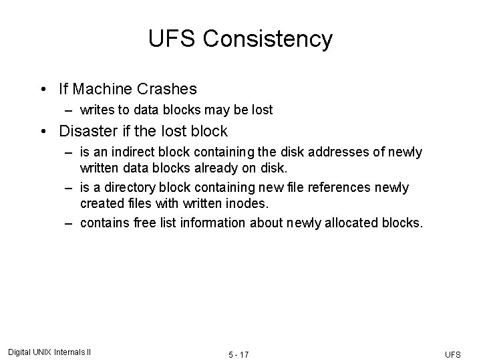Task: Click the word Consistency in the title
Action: pyautogui.click(x=268, y=39)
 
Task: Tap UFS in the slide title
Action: pyautogui.click(x=172, y=39)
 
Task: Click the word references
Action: pyautogui.click(x=331, y=188)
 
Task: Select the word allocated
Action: pyautogui.click(x=347, y=223)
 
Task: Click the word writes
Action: pyautogui.click(x=96, y=110)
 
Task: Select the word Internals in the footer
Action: pyautogui.click(x=69, y=352)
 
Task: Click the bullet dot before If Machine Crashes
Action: pyautogui.click(x=43, y=88)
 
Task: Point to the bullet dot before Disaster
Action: pyautogui.click(x=43, y=131)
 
